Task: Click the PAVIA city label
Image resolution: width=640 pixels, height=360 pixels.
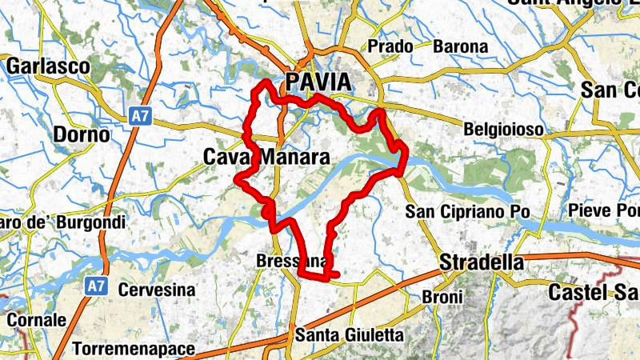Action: tap(318, 82)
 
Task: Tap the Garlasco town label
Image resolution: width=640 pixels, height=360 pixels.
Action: tap(48, 66)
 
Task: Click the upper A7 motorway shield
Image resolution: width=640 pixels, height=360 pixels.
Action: tap(140, 117)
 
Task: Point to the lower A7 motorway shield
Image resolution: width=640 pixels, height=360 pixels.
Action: tap(96, 286)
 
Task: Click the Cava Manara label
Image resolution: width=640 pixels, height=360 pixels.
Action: tap(266, 158)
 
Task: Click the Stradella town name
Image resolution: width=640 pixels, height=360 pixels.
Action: tap(482, 262)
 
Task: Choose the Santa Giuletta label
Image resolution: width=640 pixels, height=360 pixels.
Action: tap(350, 334)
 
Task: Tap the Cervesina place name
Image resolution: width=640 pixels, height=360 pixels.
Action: tap(158, 289)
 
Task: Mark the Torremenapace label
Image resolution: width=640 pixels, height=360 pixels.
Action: tap(135, 349)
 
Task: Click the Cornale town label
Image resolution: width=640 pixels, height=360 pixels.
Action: tap(36, 319)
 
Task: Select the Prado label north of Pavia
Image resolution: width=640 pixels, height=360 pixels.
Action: tap(390, 46)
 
